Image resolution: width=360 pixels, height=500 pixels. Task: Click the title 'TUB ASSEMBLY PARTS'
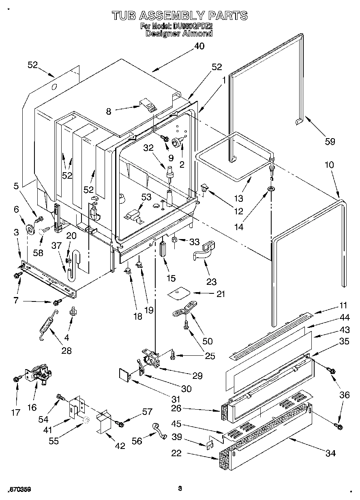click(x=179, y=15)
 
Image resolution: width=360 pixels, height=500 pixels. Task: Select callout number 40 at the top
click(x=199, y=46)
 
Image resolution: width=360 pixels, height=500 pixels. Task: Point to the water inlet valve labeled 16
click(x=39, y=375)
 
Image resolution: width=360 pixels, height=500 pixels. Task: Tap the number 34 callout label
click(x=331, y=453)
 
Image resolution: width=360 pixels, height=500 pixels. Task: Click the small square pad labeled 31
click(x=124, y=373)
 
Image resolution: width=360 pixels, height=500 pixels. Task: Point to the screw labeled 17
click(x=16, y=378)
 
